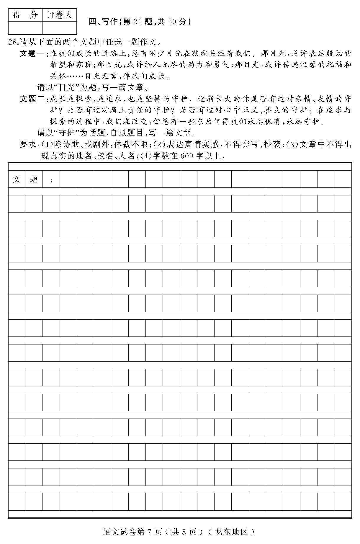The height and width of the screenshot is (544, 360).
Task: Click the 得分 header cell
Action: [25, 15]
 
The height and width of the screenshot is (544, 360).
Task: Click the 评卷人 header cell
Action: [60, 15]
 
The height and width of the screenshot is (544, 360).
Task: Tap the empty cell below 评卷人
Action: [60, 28]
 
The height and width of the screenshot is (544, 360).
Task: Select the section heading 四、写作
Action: [103, 22]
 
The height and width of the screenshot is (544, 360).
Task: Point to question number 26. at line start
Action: [14, 42]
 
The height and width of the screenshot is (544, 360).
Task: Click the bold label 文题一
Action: [32, 54]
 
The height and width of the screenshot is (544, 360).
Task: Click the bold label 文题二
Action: [32, 99]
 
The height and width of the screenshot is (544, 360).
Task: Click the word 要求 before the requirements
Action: [28, 144]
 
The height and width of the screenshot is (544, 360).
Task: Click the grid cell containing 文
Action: [17, 179]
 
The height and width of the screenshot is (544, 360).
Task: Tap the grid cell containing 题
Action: [34, 179]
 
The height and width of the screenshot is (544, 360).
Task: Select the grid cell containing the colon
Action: [51, 179]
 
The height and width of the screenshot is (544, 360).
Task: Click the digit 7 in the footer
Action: [149, 532]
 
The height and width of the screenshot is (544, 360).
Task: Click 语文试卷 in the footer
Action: [120, 532]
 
